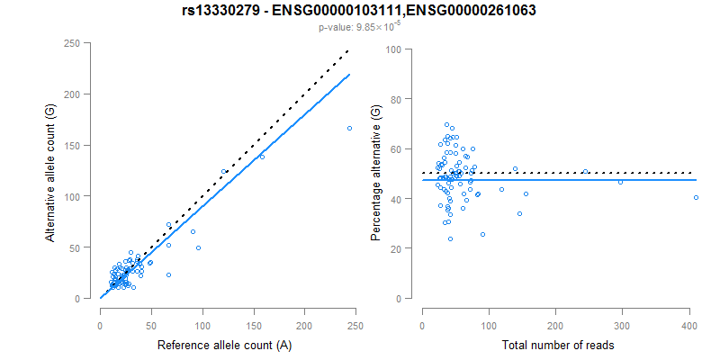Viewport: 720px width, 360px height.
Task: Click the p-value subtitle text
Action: click(x=360, y=28)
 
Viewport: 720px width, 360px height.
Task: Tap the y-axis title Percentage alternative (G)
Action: click(x=375, y=172)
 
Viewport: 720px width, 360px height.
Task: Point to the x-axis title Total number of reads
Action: click(x=557, y=345)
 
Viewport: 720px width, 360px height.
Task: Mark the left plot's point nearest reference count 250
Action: click(x=349, y=128)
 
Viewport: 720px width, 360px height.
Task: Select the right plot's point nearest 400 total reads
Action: click(x=696, y=197)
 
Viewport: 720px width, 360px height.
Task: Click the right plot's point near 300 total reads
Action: click(x=620, y=183)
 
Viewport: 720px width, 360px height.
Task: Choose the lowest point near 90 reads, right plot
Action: click(x=482, y=234)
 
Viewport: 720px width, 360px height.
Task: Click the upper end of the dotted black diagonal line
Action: click(x=349, y=51)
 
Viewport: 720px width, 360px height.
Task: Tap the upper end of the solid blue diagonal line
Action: click(x=349, y=75)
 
